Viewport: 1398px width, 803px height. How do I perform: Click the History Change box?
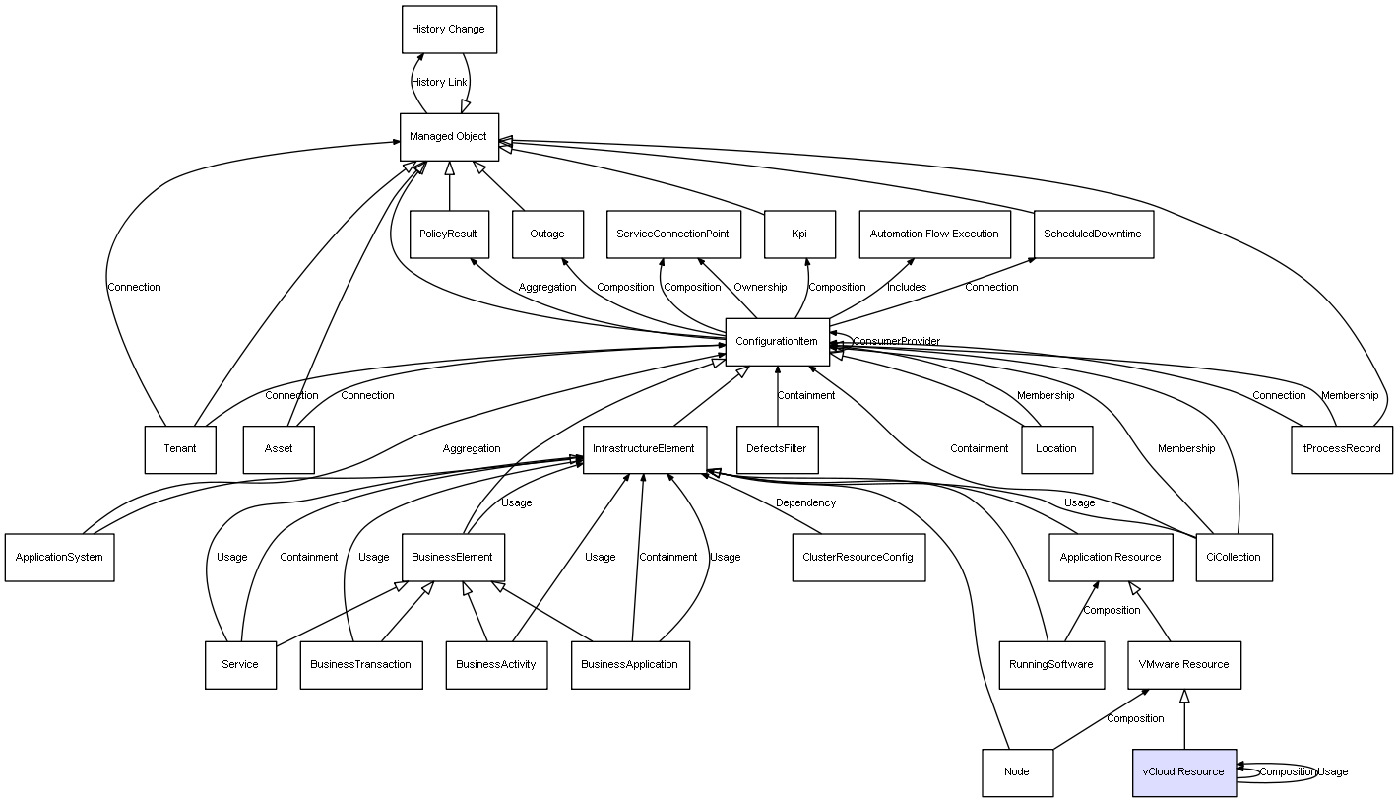click(x=449, y=30)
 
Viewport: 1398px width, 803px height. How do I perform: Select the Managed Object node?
click(x=449, y=137)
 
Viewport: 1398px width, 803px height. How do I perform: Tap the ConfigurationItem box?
click(x=777, y=342)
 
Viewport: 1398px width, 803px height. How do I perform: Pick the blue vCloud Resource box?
click(x=1184, y=772)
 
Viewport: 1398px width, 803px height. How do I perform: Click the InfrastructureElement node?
click(x=645, y=449)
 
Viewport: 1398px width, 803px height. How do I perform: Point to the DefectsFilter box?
click(x=777, y=449)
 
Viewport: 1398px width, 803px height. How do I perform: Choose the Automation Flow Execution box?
click(x=934, y=234)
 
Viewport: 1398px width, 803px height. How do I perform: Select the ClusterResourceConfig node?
click(x=858, y=557)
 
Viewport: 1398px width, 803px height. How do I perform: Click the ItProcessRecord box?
click(x=1341, y=449)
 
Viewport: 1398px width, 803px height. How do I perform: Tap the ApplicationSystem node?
click(x=59, y=557)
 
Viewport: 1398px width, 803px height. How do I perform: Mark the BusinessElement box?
click(x=453, y=557)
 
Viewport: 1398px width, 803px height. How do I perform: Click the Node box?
click(x=1017, y=772)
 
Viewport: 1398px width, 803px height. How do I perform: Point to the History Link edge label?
click(x=439, y=83)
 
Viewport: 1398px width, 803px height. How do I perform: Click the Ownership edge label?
click(x=760, y=288)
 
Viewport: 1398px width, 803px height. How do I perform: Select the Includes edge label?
click(x=907, y=288)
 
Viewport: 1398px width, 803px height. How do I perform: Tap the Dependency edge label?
click(x=805, y=503)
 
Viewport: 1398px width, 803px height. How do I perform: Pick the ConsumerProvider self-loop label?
click(x=896, y=342)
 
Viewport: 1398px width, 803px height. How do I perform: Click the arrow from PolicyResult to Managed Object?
click(x=449, y=186)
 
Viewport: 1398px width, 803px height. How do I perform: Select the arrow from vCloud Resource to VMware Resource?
click(x=1184, y=719)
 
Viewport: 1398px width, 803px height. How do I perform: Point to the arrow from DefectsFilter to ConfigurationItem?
click(x=778, y=396)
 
